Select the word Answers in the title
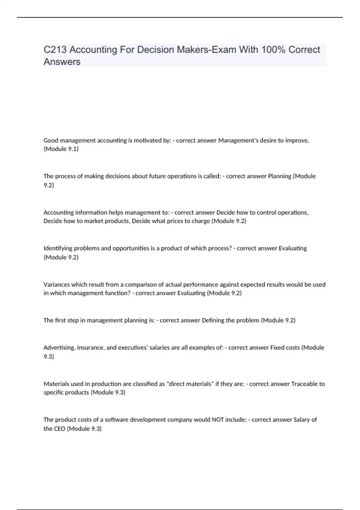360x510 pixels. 62,62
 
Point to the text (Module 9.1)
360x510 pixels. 61,149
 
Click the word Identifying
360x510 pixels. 58,248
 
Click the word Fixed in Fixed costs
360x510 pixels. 277,348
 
